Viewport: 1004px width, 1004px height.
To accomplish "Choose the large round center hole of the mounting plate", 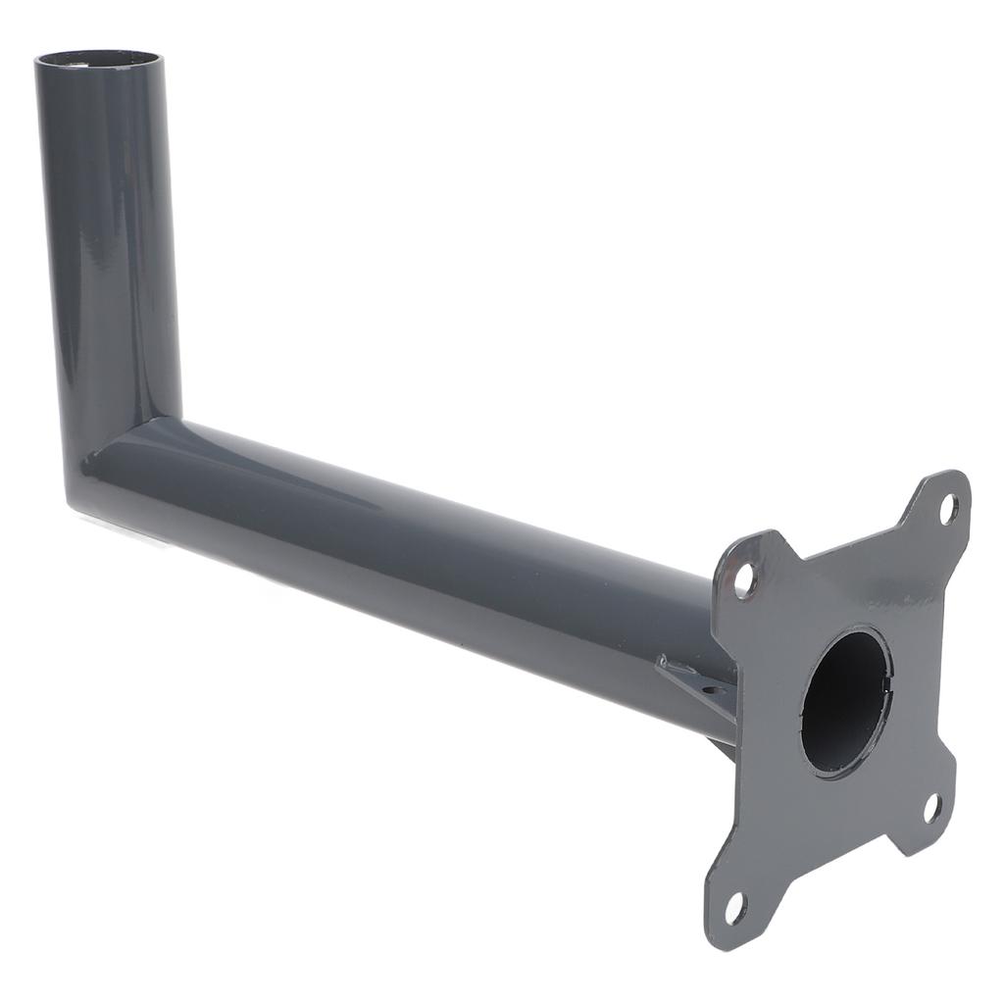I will (845, 700).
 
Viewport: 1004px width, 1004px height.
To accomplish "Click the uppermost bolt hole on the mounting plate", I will (948, 508).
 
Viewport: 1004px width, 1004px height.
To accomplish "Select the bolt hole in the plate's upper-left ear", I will (744, 579).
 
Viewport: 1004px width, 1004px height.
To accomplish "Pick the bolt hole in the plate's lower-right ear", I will (932, 807).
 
